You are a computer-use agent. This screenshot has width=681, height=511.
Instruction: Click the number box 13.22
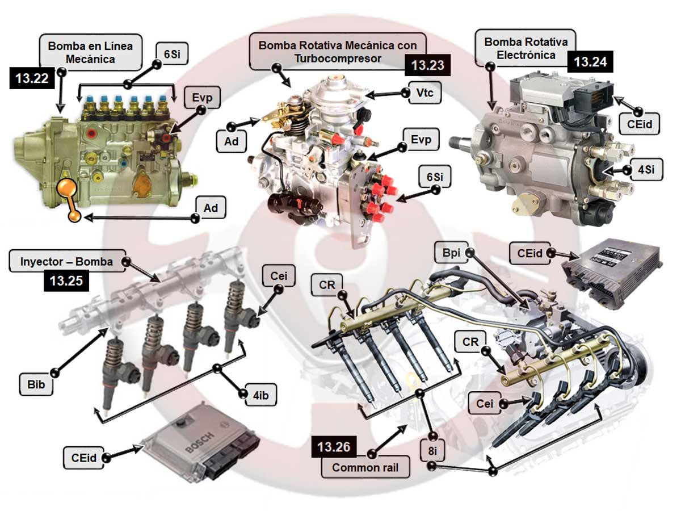tap(32, 79)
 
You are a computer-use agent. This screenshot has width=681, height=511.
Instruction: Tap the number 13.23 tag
tap(427, 65)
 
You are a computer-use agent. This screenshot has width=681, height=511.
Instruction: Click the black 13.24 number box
tap(590, 61)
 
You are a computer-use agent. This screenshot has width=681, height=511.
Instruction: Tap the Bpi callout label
tap(451, 253)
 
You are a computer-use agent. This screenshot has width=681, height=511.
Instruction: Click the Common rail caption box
tap(365, 468)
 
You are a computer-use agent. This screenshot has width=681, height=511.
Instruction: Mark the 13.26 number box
tap(334, 447)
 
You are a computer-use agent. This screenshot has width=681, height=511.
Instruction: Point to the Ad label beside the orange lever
tap(211, 208)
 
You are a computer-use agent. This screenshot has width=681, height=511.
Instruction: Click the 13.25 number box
tap(66, 280)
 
